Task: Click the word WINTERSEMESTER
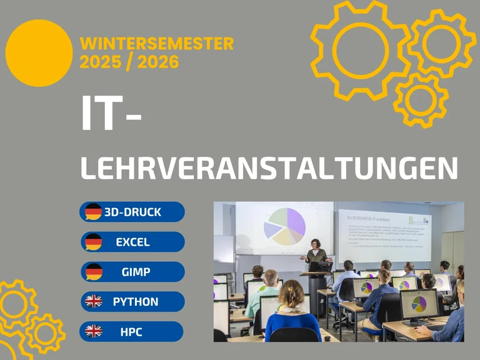tap(157, 44)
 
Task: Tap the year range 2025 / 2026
tap(129, 62)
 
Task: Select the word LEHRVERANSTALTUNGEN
tap(269, 169)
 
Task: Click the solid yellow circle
tap(39, 53)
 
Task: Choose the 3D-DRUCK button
tap(132, 212)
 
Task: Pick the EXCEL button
tap(132, 242)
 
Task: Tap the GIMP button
tap(132, 272)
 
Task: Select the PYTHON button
tap(132, 302)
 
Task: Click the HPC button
tap(132, 331)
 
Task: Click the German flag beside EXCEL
tap(94, 241)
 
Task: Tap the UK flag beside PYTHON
tap(94, 302)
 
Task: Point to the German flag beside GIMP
tap(94, 272)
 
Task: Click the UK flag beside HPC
tap(94, 331)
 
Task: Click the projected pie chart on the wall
tap(285, 226)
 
